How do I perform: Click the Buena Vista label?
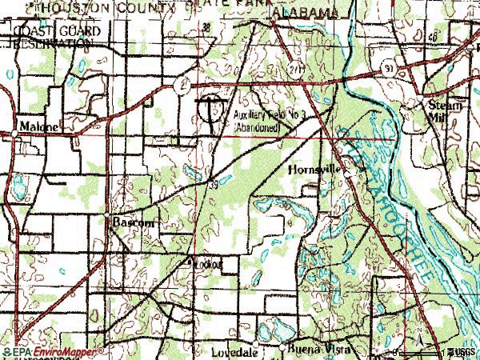click(x=316, y=350)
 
